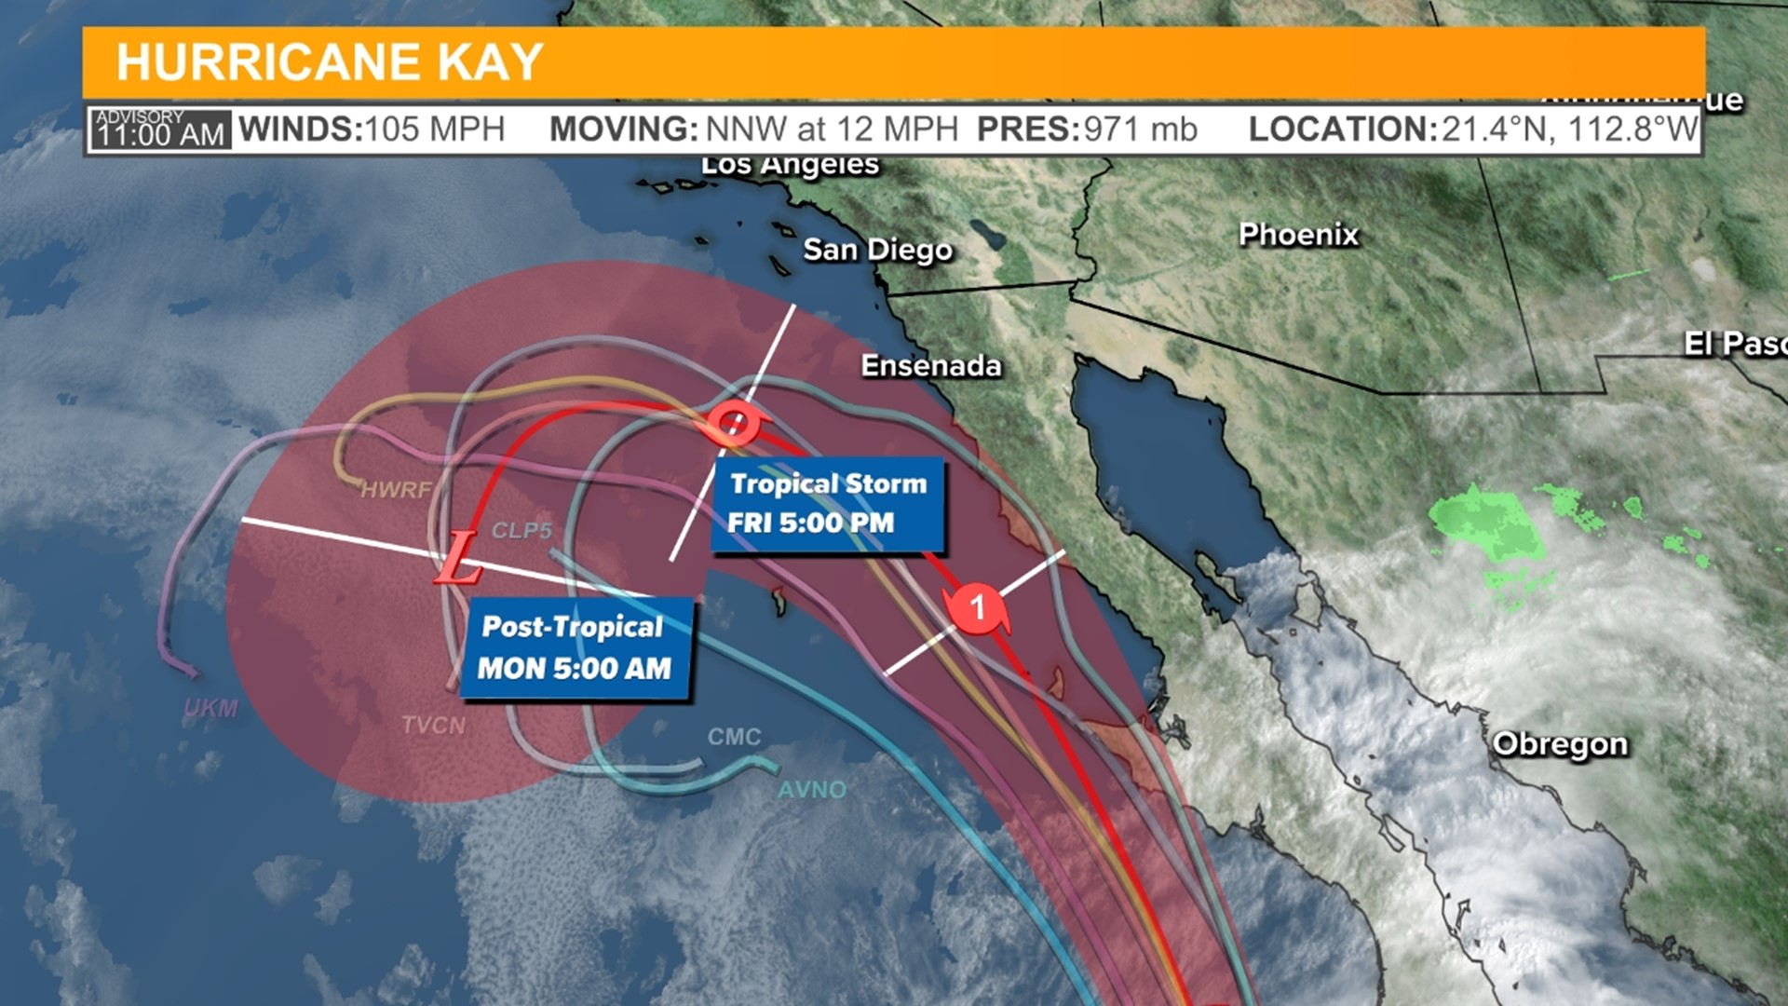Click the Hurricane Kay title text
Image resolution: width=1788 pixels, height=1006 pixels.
coord(329,62)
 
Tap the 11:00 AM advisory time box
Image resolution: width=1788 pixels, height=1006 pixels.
coord(159,129)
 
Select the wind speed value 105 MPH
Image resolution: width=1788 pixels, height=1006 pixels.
coord(435,129)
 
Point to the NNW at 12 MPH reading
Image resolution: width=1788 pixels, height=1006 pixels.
coord(832,129)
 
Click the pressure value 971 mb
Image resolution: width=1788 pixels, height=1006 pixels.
coord(1140,129)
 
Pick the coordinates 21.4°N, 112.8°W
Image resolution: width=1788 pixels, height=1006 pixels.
coord(1569,129)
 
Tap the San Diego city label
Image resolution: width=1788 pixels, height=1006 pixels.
coord(877,250)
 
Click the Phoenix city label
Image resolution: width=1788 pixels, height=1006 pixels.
coord(1298,235)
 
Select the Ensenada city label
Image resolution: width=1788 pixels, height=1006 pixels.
coord(930,366)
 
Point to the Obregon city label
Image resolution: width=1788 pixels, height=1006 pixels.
coord(1560,744)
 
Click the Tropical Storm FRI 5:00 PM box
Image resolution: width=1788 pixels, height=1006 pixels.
coord(828,504)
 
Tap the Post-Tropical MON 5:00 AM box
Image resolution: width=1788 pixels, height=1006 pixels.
coord(576,648)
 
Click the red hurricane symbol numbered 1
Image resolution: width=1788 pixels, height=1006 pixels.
coord(977,608)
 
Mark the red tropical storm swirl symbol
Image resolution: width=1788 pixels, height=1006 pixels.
coord(734,424)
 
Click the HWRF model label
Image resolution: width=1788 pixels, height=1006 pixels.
coord(396,490)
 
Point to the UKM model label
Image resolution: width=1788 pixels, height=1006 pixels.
coord(211,709)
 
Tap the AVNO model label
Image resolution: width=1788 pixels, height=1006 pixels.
coord(812,790)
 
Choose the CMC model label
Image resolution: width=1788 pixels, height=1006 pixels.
coord(734,737)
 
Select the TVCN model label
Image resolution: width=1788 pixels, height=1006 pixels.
coord(433,725)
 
